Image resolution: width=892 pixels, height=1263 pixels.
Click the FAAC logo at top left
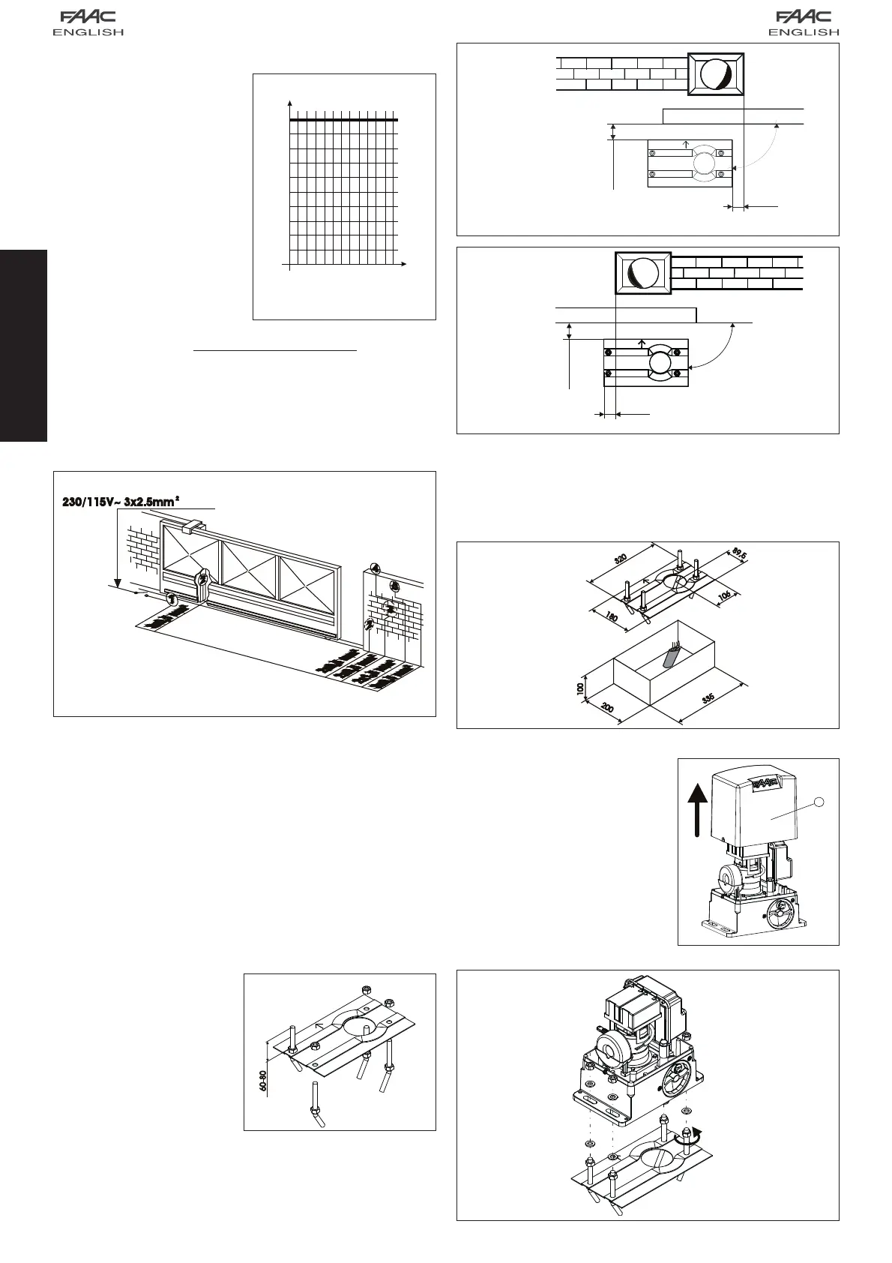(x=87, y=16)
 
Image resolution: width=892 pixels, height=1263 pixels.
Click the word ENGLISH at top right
(x=804, y=32)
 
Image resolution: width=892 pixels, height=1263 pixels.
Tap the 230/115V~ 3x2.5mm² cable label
(x=120, y=502)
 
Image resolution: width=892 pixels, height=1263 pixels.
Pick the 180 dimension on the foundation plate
(x=611, y=617)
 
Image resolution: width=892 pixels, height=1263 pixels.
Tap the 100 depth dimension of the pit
(x=581, y=688)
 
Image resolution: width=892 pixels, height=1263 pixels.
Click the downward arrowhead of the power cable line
(x=118, y=583)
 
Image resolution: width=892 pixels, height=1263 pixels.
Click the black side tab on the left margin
(x=23, y=346)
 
